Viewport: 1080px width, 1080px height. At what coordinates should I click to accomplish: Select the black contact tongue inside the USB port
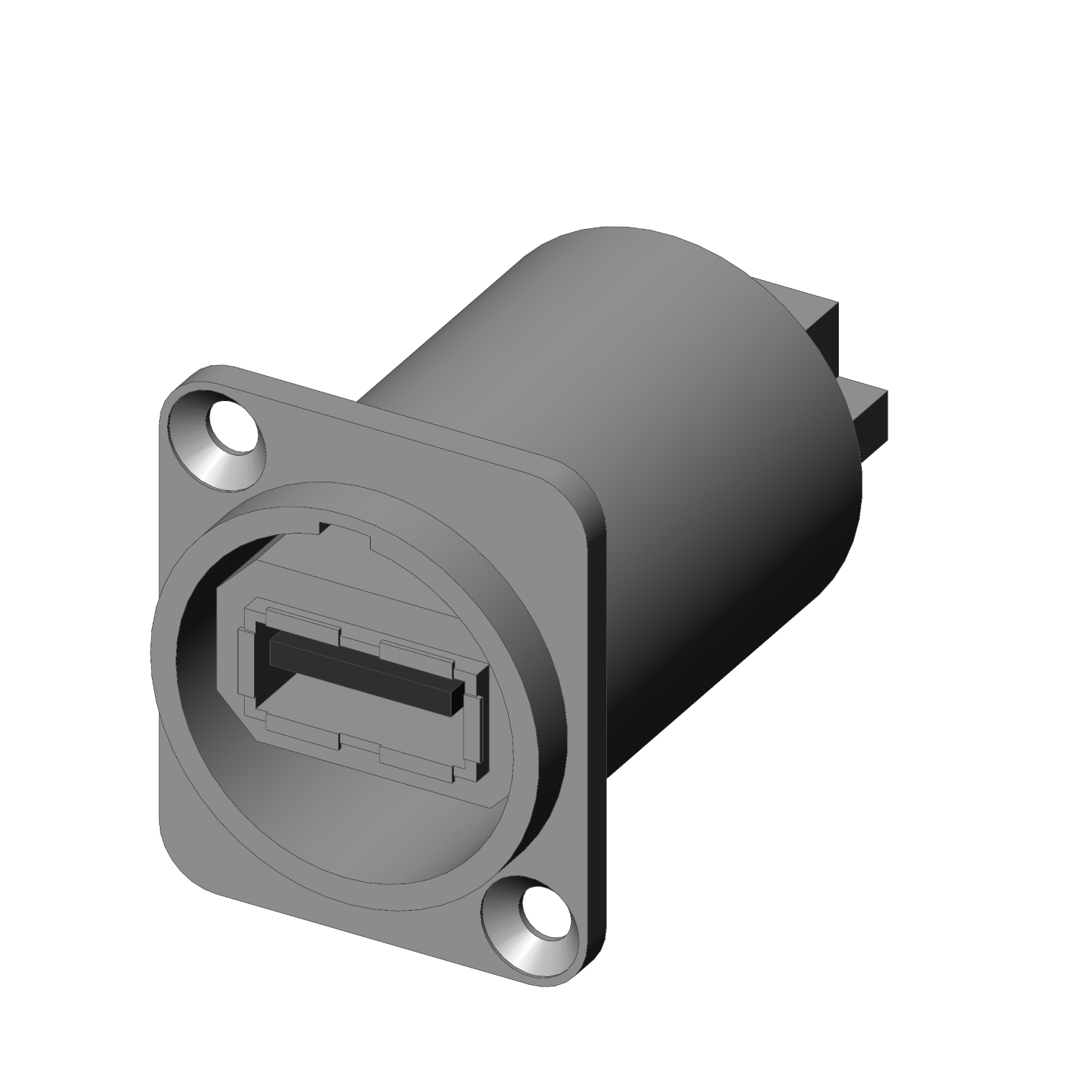(360, 666)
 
